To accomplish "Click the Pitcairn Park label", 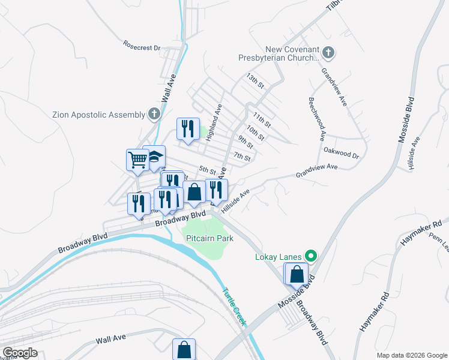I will point(209,238).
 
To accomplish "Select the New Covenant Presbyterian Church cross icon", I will point(328,53).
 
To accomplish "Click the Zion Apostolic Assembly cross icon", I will point(154,114).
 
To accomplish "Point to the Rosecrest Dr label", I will point(142,45).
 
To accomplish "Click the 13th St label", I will point(255,81).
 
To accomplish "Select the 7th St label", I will point(242,157).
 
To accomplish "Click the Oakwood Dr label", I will point(341,153).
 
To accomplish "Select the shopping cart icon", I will point(137,160).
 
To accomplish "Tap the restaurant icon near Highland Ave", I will point(188,128).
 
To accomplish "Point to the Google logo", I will point(20,353).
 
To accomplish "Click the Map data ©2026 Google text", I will point(411,355).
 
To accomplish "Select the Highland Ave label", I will point(214,122).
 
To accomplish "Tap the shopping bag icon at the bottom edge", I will point(184,349).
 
